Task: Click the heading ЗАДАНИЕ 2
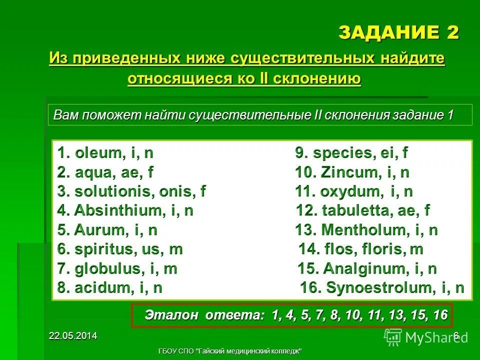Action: [398, 33]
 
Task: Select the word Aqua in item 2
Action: [93, 173]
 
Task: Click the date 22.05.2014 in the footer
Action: [73, 336]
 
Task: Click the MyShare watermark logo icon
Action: [393, 337]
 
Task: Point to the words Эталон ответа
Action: [202, 315]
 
